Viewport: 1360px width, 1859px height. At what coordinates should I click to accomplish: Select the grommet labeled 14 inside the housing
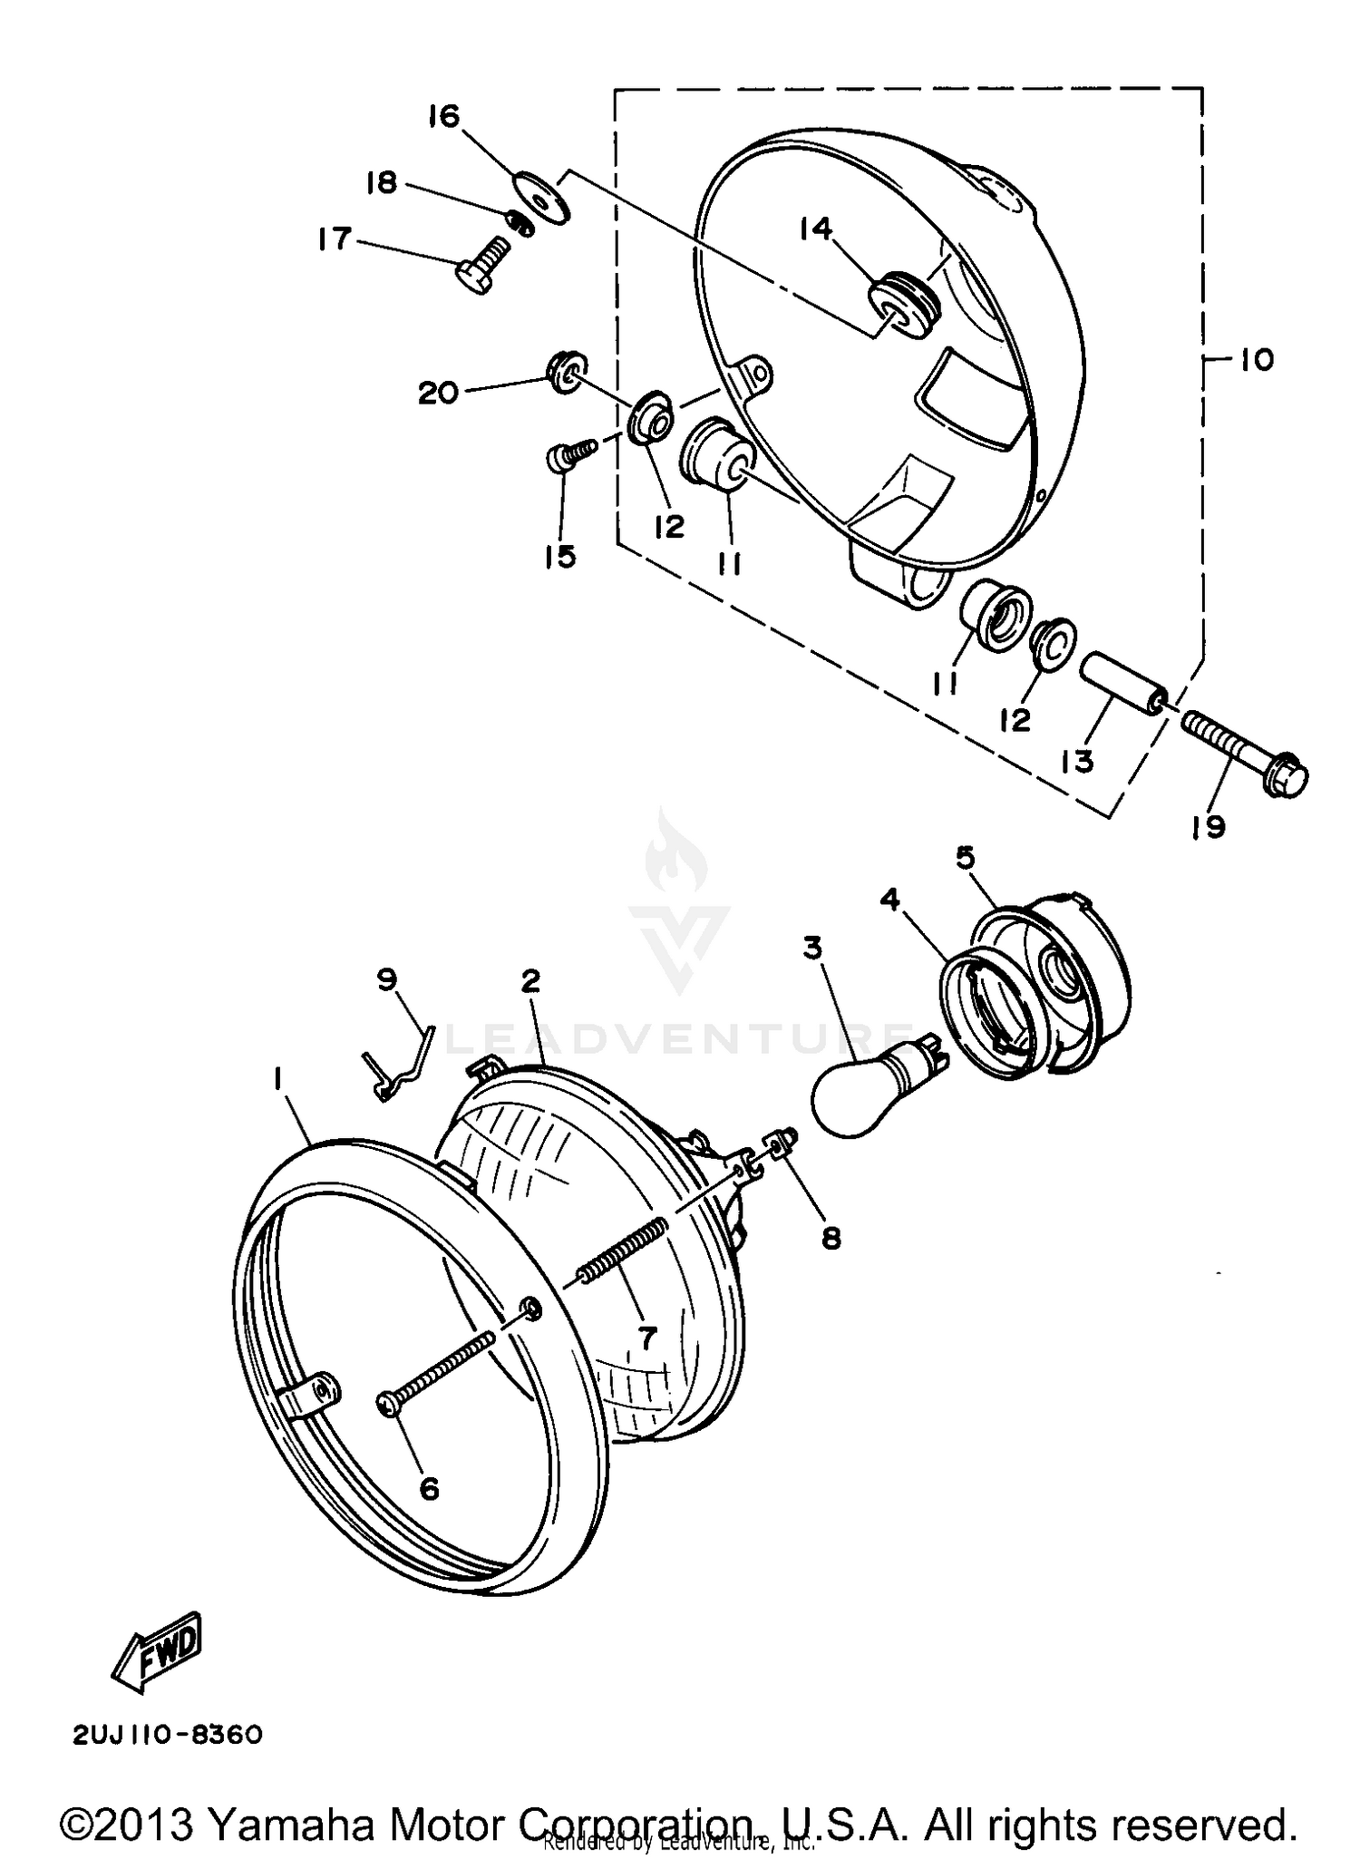904,301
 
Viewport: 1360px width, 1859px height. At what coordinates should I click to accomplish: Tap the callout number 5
966,857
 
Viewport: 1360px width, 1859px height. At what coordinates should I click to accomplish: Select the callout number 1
277,1078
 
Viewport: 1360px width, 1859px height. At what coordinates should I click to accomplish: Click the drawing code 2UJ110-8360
169,1735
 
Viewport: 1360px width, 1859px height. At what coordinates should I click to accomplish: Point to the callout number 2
530,980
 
